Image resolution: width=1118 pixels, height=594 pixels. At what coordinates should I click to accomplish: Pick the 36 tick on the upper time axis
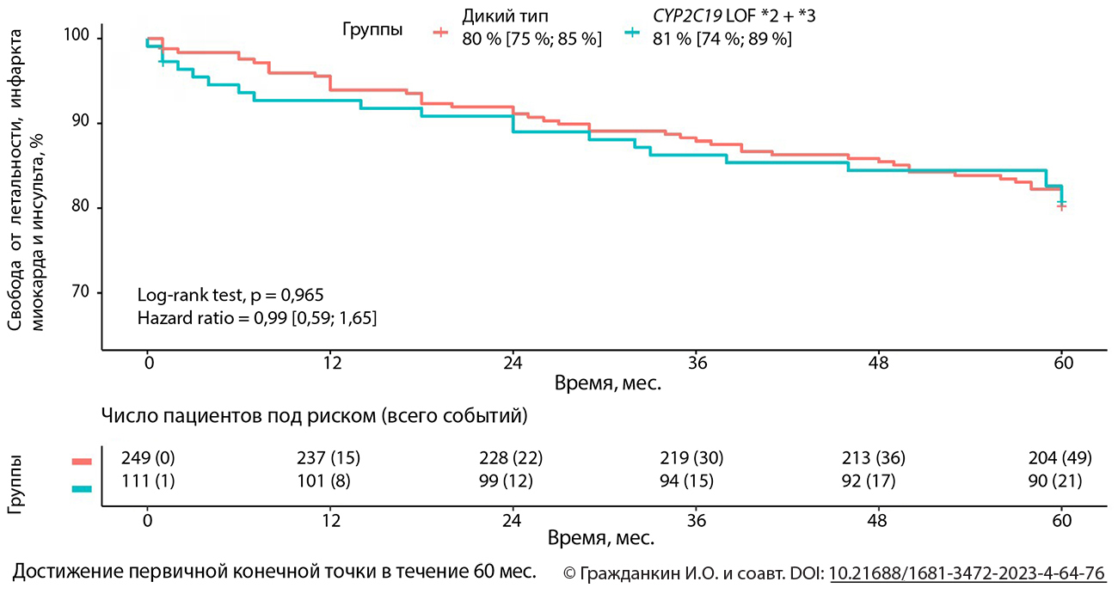click(x=697, y=363)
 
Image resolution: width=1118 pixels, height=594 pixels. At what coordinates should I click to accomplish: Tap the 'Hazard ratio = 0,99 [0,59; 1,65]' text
click(x=257, y=318)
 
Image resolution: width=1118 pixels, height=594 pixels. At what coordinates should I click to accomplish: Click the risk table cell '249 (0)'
click(x=151, y=458)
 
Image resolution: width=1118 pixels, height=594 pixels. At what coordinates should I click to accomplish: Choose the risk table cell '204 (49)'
click(x=1058, y=458)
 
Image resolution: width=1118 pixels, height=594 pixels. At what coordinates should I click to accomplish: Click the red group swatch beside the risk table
click(x=81, y=462)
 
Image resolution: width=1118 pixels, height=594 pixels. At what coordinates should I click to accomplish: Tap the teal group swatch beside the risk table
click(x=81, y=488)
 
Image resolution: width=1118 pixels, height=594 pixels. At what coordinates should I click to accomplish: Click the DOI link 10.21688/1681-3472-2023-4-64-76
click(x=967, y=573)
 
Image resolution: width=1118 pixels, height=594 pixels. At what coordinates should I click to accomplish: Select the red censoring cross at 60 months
click(x=1062, y=206)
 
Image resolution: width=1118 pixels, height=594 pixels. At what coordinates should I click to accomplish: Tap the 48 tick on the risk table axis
click(x=881, y=522)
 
